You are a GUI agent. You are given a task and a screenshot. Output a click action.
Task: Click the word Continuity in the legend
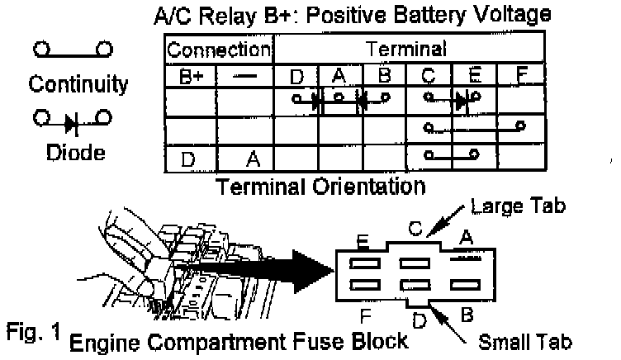tap(78, 84)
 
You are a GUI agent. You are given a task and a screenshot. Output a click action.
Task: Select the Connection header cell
tap(220, 49)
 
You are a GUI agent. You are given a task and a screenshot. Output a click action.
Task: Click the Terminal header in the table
tap(410, 49)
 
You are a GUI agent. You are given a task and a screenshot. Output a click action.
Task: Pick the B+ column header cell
tap(191, 77)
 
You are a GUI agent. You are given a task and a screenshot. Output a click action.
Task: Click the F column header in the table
tap(520, 77)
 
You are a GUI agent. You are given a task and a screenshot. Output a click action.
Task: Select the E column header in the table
tap(474, 77)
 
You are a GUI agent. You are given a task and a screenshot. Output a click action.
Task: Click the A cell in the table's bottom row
tap(254, 159)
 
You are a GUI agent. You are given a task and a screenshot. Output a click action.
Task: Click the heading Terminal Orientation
tap(321, 186)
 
